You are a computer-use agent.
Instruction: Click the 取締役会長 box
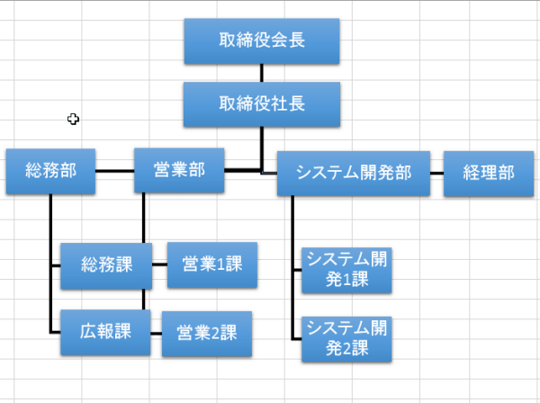[x=261, y=41]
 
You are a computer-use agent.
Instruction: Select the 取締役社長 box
[x=261, y=104]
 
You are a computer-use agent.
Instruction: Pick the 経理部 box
[x=489, y=173]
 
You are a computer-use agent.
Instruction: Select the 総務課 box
[x=106, y=265]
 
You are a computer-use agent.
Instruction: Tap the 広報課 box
[x=105, y=331]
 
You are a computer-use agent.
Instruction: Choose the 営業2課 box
[x=206, y=333]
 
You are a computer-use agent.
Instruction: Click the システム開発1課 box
[x=346, y=270]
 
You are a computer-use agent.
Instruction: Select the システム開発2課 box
[x=346, y=337]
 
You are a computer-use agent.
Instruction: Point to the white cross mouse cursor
[x=73, y=119]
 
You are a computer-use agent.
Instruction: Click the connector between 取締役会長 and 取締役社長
[x=261, y=73]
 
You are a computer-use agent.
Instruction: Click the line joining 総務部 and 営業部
[x=114, y=171]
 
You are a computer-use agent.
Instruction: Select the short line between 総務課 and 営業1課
[x=158, y=265]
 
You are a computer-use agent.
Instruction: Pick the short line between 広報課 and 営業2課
[x=155, y=332]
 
